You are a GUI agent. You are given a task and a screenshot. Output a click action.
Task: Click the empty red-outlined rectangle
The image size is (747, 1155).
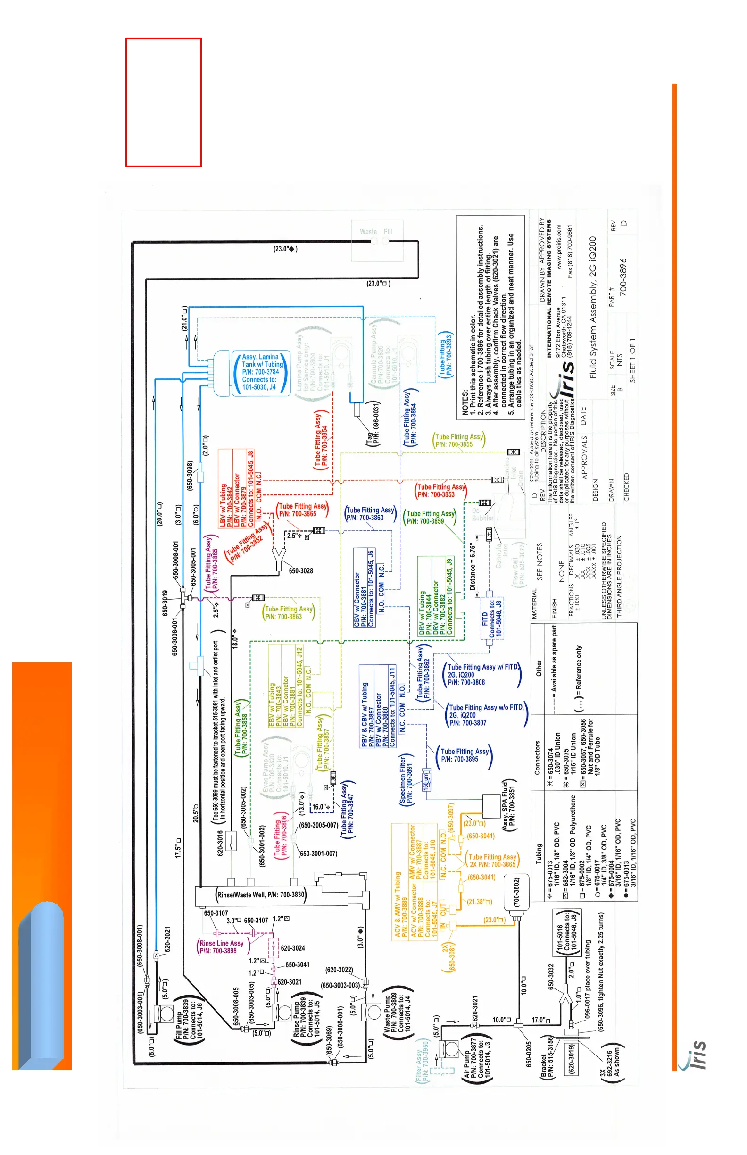164,102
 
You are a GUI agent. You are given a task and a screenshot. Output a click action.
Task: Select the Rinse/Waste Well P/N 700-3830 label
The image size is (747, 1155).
260,895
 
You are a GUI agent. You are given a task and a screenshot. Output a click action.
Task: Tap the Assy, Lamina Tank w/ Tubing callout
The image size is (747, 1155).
261,372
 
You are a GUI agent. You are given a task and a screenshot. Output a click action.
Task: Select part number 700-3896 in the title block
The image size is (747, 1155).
624,277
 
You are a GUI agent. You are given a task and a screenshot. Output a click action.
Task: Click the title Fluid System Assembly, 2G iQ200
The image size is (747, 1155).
593,307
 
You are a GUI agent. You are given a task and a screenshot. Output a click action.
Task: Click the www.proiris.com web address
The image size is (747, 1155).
559,247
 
